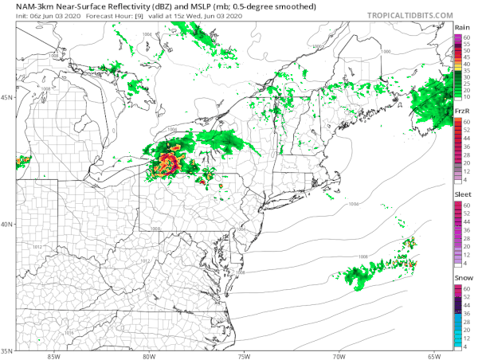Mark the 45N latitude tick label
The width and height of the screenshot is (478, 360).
click(x=8, y=98)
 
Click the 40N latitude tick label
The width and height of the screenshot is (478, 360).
click(x=8, y=224)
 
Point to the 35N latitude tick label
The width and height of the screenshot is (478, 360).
click(x=8, y=350)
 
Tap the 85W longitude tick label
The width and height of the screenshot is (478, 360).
click(x=54, y=355)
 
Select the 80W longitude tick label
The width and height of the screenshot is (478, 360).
click(x=149, y=355)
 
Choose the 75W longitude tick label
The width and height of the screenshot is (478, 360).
click(x=244, y=355)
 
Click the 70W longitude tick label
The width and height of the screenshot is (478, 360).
click(x=339, y=355)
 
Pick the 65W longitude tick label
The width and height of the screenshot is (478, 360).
click(x=433, y=355)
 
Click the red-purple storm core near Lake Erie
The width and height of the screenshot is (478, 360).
click(x=167, y=165)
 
